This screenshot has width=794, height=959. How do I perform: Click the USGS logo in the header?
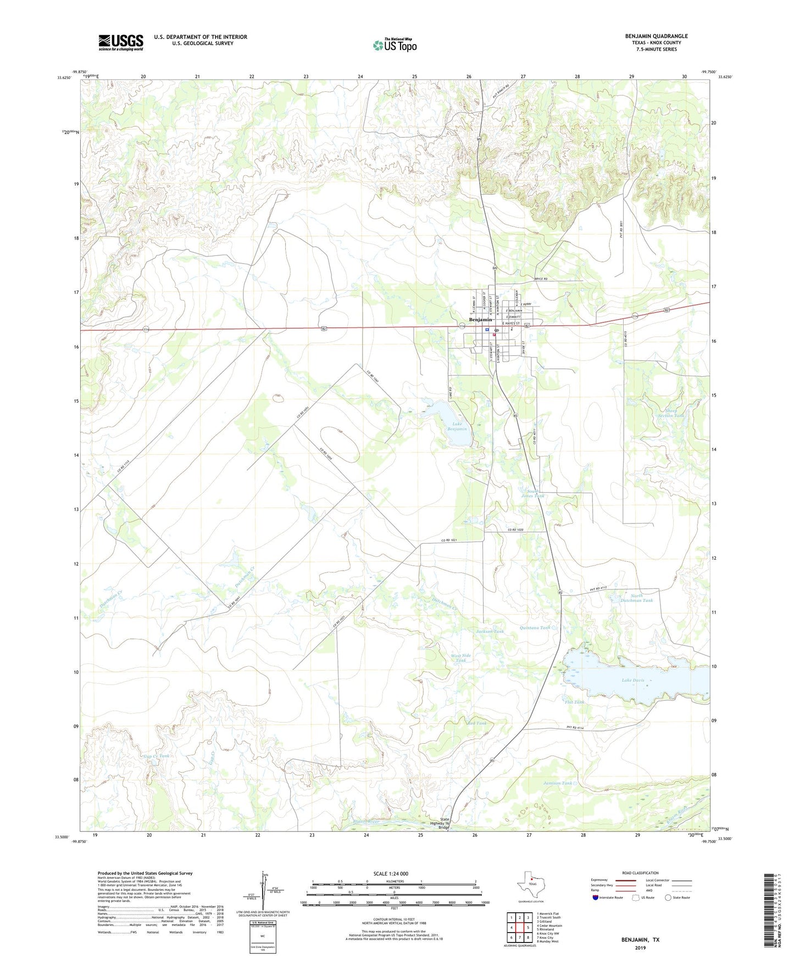pos(121,42)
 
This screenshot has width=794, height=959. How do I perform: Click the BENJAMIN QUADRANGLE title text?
pos(656,36)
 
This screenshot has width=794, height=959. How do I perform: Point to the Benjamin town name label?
pos(480,320)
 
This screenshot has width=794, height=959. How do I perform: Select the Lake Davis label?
pos(632,681)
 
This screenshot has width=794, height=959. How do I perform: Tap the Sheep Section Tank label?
pos(671,413)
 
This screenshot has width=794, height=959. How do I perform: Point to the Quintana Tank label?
pos(535,627)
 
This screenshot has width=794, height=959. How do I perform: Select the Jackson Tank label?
pos(490,632)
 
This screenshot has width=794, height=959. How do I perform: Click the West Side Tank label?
pos(461,658)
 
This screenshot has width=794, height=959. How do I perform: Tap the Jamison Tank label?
pos(558,783)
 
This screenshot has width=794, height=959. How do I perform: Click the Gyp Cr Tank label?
pos(156,756)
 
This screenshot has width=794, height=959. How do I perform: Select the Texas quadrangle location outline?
pos(530,885)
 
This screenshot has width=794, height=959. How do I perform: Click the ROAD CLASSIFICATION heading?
pos(640,873)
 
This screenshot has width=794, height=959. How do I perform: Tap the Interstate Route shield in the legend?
pos(596,897)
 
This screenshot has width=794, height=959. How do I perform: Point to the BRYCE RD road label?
pos(542,279)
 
